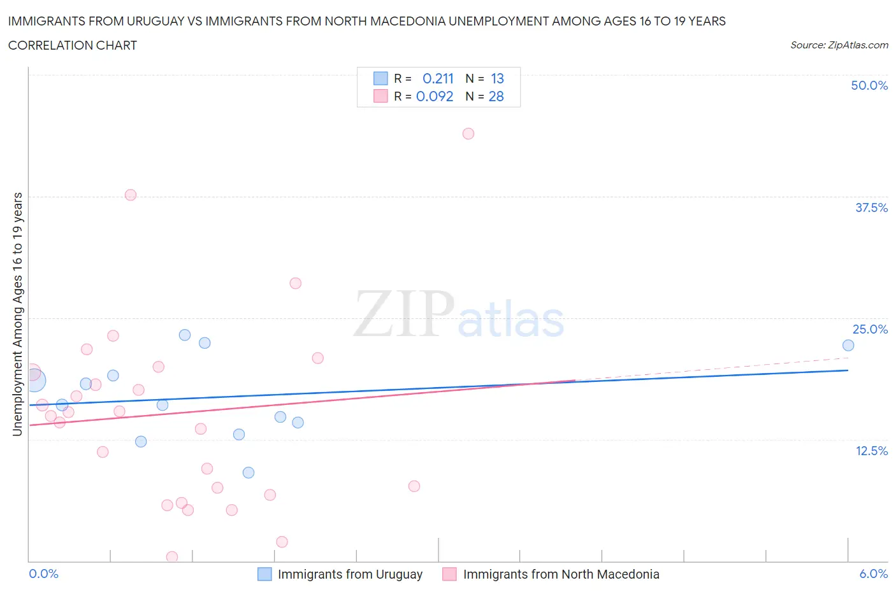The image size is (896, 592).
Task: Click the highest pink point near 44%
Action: [x=468, y=134]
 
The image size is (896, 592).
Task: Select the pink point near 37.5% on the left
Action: [x=131, y=195]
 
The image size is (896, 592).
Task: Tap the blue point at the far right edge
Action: [x=848, y=345]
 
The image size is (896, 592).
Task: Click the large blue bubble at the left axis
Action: [x=34, y=381]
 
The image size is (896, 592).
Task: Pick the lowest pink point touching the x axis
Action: [x=172, y=557]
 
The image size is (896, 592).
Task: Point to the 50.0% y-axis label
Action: [x=869, y=85]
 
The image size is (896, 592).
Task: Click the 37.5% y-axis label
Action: [x=871, y=208]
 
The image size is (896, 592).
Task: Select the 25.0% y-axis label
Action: [x=870, y=329]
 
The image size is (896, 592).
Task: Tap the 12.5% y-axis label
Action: [x=871, y=451]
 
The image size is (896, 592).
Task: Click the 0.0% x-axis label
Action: [x=44, y=574]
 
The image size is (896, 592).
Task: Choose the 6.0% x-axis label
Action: [x=873, y=574]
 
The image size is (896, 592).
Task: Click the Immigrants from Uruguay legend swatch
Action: [x=264, y=574]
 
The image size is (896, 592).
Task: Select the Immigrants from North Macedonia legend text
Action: [x=561, y=574]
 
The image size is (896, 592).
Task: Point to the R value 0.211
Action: [x=438, y=78]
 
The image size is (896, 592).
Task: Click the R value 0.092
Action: [x=435, y=96]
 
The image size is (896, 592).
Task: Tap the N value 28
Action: [x=496, y=96]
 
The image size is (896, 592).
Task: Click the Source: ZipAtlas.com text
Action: [x=839, y=45]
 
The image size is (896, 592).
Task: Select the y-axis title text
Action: [x=17, y=314]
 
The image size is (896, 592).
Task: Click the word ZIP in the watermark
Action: [x=403, y=314]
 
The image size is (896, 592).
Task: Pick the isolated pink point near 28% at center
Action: [x=295, y=283]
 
